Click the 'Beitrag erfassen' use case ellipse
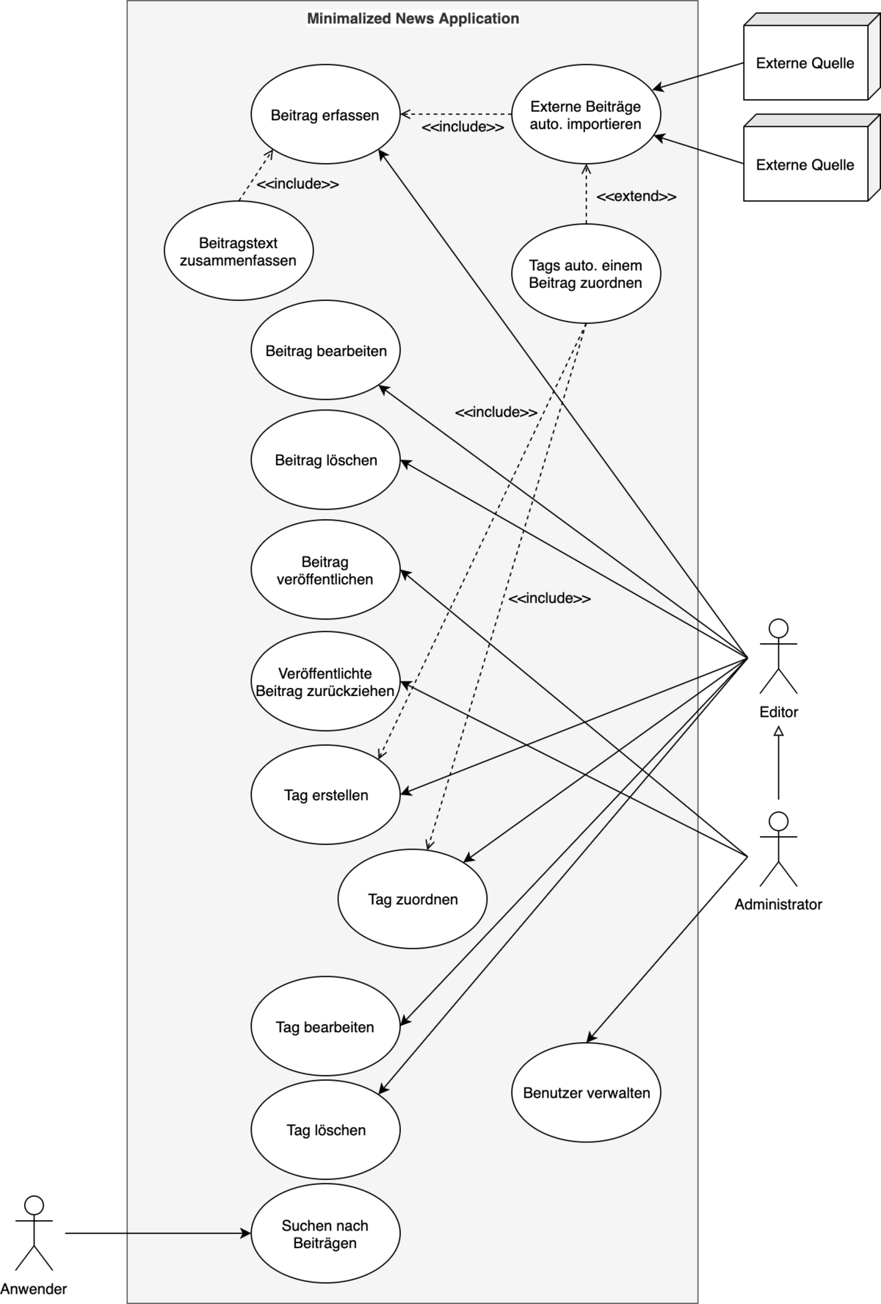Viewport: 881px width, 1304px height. click(325, 115)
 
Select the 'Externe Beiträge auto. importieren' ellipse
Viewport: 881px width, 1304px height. click(585, 115)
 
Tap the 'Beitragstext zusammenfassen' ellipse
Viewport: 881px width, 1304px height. click(239, 251)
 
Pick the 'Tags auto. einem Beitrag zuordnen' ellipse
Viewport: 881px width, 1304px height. click(585, 274)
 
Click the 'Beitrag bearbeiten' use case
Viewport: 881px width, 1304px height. click(325, 351)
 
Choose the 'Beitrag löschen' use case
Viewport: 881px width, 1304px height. click(325, 460)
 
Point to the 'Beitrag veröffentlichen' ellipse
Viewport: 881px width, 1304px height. click(325, 570)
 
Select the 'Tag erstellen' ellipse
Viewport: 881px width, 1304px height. click(325, 795)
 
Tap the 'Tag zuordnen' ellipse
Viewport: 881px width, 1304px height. click(413, 899)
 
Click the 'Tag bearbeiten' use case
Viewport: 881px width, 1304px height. click(325, 1027)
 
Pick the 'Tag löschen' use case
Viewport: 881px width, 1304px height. click(325, 1130)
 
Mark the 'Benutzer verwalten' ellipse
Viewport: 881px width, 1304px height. click(586, 1093)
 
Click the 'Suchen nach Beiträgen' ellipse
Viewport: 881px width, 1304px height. click(325, 1234)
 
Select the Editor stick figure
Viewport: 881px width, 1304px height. click(778, 657)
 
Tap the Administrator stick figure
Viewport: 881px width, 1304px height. click(778, 850)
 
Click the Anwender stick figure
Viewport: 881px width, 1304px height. click(34, 1234)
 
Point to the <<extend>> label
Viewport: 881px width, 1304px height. click(636, 197)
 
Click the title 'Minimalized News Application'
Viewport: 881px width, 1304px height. click(413, 19)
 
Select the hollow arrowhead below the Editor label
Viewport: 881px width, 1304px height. click(778, 731)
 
